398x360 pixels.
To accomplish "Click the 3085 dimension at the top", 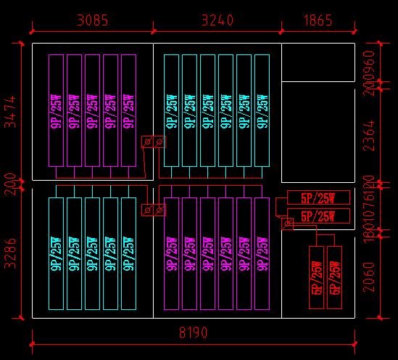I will [92, 20].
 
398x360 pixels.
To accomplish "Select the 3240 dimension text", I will [215, 20].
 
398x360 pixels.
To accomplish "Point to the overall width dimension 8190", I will [193, 333].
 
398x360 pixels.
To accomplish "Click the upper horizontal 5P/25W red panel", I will [318, 197].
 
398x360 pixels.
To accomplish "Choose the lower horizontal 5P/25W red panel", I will [318, 216].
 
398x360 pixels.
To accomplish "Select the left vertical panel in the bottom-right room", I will [316, 278].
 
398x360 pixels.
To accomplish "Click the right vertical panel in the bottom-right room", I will [334, 278].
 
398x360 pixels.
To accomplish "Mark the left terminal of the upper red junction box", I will [148, 142].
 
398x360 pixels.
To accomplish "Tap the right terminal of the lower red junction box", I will [159, 210].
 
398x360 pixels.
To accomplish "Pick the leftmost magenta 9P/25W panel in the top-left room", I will [56, 111].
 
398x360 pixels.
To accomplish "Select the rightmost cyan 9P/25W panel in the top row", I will [261, 111].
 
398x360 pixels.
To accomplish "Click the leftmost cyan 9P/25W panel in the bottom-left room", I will [56, 253].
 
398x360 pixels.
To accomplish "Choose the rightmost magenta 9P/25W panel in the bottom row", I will [261, 253].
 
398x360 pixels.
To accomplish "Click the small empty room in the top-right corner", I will [318, 62].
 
